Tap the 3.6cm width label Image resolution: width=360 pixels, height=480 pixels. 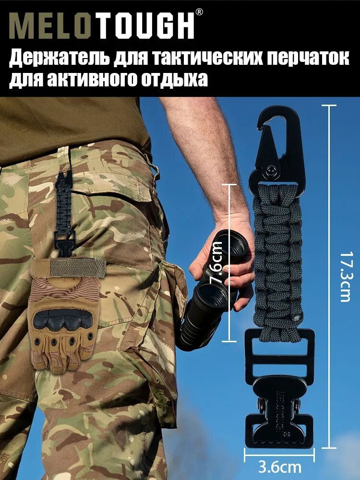(x=279, y=467)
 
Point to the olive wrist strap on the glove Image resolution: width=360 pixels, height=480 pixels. (x=67, y=267)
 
